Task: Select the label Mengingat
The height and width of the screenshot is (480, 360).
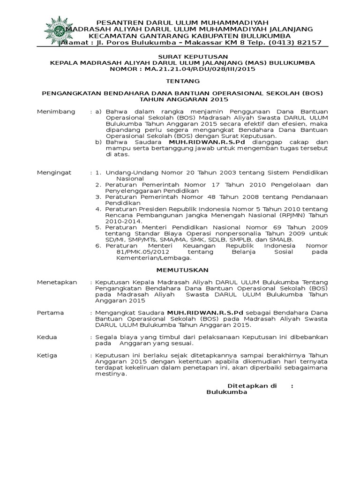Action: click(x=54, y=172)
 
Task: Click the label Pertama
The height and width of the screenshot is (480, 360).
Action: click(x=51, y=312)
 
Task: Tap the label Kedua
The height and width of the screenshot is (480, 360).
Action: click(x=47, y=337)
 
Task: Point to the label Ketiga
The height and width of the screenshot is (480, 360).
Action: click(x=48, y=355)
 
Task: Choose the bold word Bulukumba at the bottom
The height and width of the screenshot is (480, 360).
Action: click(x=226, y=392)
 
